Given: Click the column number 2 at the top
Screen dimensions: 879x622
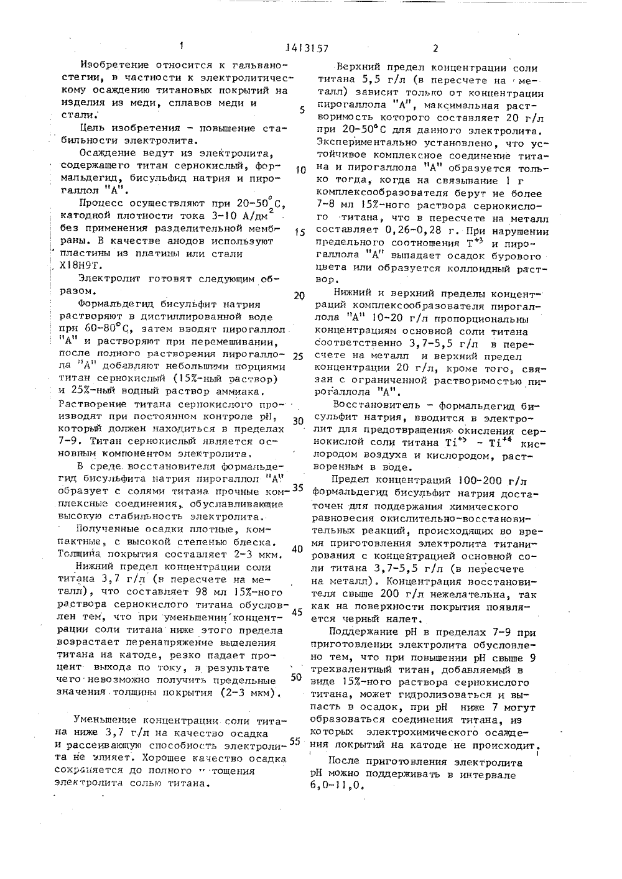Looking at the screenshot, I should (435, 48).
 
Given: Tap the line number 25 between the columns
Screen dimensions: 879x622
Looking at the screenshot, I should (297, 357).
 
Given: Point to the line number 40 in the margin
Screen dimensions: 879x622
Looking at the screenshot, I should (297, 549).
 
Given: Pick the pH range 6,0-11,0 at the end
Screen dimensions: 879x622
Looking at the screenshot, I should (336, 785).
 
